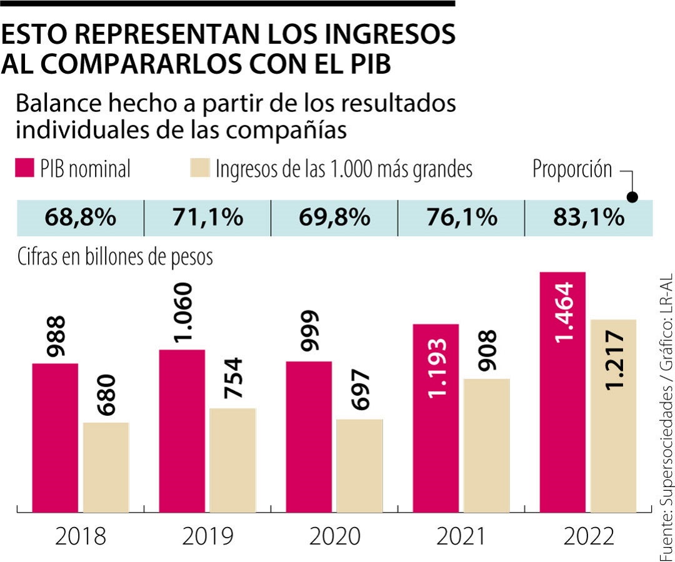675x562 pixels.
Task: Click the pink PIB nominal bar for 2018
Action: (55, 437)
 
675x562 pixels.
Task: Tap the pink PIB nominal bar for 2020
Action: (309, 436)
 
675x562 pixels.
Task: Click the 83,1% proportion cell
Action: (588, 218)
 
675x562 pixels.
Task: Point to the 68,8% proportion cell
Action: (81, 218)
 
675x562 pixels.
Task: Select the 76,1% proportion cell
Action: (461, 218)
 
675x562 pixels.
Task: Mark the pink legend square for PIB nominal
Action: (24, 169)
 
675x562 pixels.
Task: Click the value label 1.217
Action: (615, 362)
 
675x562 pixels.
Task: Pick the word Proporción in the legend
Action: (572, 169)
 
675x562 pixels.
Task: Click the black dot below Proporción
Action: (632, 197)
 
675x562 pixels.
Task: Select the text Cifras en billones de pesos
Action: (115, 257)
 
